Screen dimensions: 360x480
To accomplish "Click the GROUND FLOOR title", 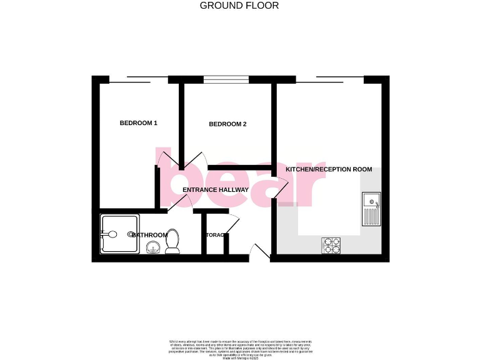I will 239,6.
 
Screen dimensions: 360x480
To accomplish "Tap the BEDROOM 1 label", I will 138,123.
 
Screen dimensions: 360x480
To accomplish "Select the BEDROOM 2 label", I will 227,124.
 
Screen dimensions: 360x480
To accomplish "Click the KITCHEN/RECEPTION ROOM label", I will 329,169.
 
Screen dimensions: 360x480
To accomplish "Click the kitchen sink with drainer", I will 371,209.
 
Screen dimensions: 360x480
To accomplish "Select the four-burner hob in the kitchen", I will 331,246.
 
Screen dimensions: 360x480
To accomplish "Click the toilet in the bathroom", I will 172,241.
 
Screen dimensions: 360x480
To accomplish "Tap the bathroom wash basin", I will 152,248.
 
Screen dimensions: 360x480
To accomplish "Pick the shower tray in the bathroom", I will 119,235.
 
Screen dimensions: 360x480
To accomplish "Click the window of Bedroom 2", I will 226,79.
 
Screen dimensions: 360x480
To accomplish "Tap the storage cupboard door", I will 232,223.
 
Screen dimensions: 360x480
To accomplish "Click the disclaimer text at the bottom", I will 239,346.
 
